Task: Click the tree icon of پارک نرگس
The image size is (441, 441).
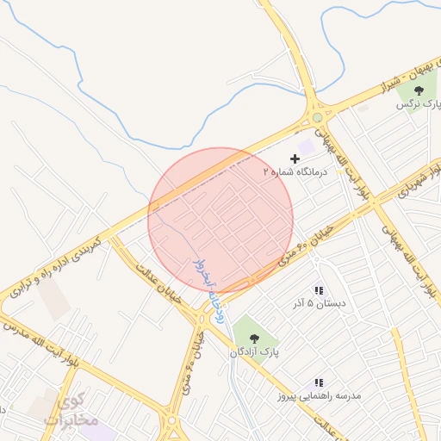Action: click(x=419, y=90)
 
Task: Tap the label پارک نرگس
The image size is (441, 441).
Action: click(x=418, y=103)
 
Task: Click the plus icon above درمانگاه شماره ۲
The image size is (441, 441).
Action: click(x=295, y=158)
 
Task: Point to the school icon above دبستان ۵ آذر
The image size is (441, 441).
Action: click(x=320, y=291)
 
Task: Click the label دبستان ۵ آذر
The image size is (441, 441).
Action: click(x=320, y=304)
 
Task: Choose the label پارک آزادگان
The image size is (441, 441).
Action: click(x=254, y=352)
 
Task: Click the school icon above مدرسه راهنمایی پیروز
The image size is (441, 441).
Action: click(x=319, y=382)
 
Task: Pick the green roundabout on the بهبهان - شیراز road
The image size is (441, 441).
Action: click(x=318, y=117)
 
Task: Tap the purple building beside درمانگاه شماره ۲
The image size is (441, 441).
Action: click(x=307, y=147)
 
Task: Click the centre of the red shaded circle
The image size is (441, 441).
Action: click(x=220, y=220)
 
